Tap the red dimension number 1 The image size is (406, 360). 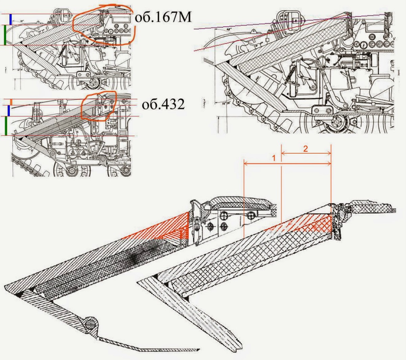tap(274, 158)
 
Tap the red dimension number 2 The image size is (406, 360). tap(306, 149)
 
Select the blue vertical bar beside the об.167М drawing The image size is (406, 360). tap(11, 19)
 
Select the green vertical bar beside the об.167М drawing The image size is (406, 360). tap(4, 35)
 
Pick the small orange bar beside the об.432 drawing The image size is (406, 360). tap(11, 102)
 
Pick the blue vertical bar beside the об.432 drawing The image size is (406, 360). tap(9, 111)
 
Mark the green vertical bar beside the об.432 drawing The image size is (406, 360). tap(6, 126)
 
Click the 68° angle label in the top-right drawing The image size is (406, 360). tap(221, 30)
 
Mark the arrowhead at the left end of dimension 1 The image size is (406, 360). tap(245, 164)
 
